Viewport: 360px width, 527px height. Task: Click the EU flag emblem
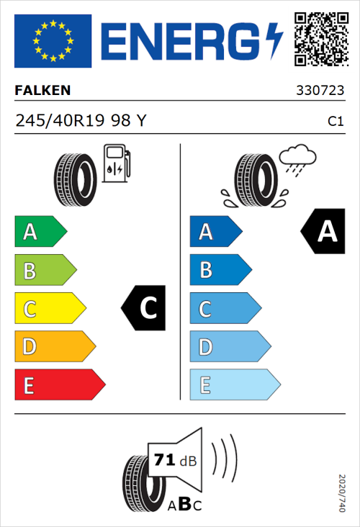[x=53, y=41]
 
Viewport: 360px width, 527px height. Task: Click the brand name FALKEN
[x=43, y=91]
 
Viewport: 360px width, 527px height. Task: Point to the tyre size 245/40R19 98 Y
[x=81, y=121]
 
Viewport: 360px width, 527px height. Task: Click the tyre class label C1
[x=335, y=122]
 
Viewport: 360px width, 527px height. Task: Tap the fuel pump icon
[x=116, y=163]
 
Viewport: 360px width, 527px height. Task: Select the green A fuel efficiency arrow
[x=40, y=232]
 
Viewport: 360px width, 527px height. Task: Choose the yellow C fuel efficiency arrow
[x=49, y=309]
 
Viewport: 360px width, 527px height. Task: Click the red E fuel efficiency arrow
[x=59, y=385]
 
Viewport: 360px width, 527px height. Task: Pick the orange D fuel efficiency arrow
[x=54, y=347]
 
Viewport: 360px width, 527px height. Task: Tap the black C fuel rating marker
[x=145, y=309]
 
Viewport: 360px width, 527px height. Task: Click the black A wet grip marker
[x=323, y=232]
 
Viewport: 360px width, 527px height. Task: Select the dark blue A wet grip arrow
[x=215, y=232]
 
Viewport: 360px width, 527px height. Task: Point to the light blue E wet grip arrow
[x=234, y=385]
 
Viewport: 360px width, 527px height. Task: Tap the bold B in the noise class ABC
[x=184, y=504]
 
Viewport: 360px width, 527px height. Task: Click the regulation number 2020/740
[x=342, y=492]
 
